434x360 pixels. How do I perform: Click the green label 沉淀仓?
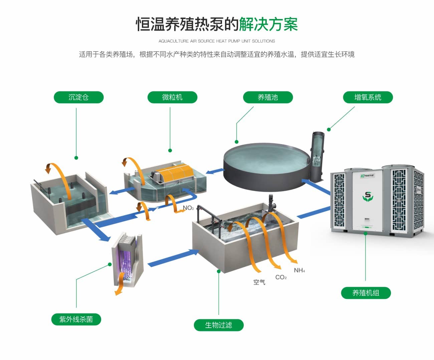(78, 97)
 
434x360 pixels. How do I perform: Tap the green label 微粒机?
(172, 97)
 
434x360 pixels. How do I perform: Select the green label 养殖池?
(268, 97)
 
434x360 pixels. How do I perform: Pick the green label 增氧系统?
(368, 97)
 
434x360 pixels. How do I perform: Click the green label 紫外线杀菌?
(76, 319)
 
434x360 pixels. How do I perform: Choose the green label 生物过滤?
(219, 325)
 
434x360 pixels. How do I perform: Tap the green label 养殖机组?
(366, 293)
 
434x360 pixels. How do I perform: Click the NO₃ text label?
(188, 208)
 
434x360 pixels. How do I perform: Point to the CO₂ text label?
(281, 277)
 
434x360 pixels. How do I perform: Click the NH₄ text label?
(299, 270)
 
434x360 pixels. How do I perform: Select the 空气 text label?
(259, 282)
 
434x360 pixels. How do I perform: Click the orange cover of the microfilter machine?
(174, 173)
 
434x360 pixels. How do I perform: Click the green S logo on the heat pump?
(368, 197)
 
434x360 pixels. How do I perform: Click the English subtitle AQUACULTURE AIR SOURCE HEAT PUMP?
(217, 41)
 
